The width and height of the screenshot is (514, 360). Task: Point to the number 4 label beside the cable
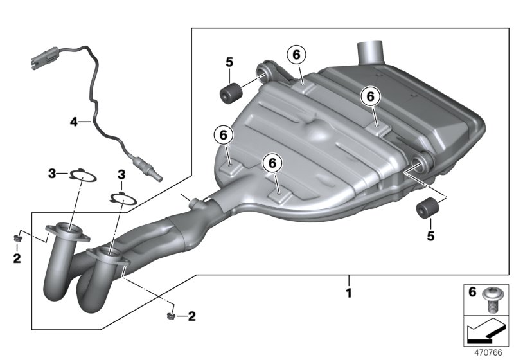click(x=73, y=120)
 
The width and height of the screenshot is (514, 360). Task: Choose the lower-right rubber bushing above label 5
click(x=427, y=209)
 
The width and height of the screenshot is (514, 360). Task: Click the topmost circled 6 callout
click(x=296, y=55)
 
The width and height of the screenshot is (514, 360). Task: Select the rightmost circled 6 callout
click(x=370, y=96)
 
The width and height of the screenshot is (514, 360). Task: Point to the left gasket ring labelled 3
click(x=82, y=174)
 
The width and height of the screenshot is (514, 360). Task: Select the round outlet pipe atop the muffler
click(x=371, y=51)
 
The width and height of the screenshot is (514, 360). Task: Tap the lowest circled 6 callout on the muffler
click(x=272, y=164)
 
